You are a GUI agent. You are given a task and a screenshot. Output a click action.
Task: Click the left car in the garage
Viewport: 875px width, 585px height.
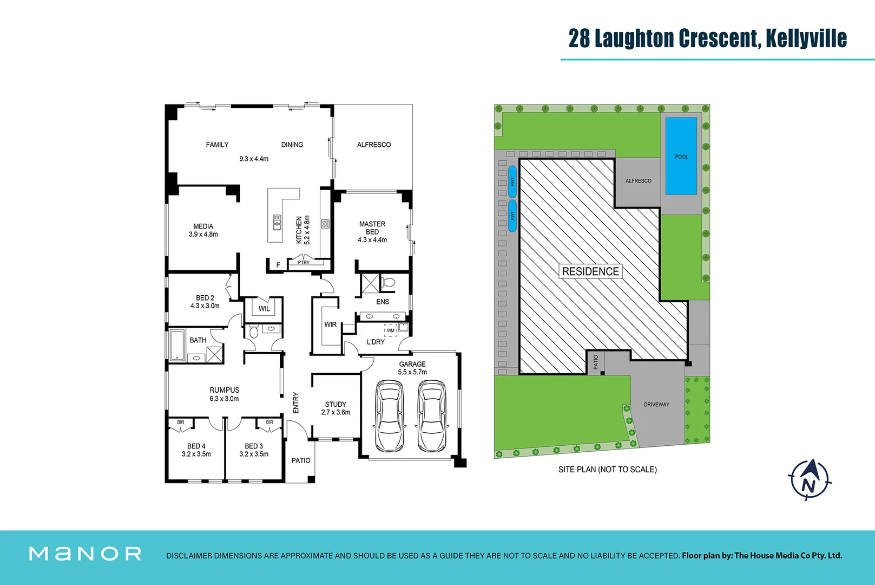(390, 416)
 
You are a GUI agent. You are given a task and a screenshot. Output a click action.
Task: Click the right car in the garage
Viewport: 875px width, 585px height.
(432, 416)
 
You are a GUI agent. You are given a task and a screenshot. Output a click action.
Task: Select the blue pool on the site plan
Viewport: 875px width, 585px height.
(681, 156)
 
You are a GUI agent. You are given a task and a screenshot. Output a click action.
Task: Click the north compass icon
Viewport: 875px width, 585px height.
(809, 480)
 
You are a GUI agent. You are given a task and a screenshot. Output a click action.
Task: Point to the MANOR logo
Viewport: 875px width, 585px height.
(85, 554)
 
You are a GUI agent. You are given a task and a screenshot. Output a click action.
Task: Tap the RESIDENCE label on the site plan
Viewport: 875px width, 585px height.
(590, 271)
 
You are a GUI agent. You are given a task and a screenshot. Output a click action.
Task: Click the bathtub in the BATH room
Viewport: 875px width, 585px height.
(177, 345)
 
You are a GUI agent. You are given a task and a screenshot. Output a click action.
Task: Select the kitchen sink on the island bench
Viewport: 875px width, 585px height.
(277, 222)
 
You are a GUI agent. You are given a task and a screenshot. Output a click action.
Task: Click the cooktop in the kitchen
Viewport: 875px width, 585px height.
(325, 224)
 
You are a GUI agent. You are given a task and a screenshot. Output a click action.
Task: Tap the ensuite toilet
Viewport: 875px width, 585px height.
(388, 282)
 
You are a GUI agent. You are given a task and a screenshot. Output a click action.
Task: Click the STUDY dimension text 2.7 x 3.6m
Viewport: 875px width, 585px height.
(335, 412)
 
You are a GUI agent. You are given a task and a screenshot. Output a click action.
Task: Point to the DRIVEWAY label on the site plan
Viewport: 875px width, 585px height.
(656, 405)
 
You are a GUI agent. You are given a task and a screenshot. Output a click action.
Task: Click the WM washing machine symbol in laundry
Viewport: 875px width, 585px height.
(390, 330)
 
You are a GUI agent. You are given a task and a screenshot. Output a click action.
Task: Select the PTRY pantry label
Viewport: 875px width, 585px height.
(304, 263)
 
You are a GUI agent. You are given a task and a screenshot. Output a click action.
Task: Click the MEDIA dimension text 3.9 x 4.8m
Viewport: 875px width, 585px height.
(203, 235)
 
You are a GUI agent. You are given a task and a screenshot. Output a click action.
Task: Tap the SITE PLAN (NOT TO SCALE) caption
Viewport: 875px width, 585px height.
(607, 470)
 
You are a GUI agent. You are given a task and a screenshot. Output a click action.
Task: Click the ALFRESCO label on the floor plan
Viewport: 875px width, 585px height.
(373, 145)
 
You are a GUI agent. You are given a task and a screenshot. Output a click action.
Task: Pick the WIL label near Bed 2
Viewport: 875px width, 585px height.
(264, 309)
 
